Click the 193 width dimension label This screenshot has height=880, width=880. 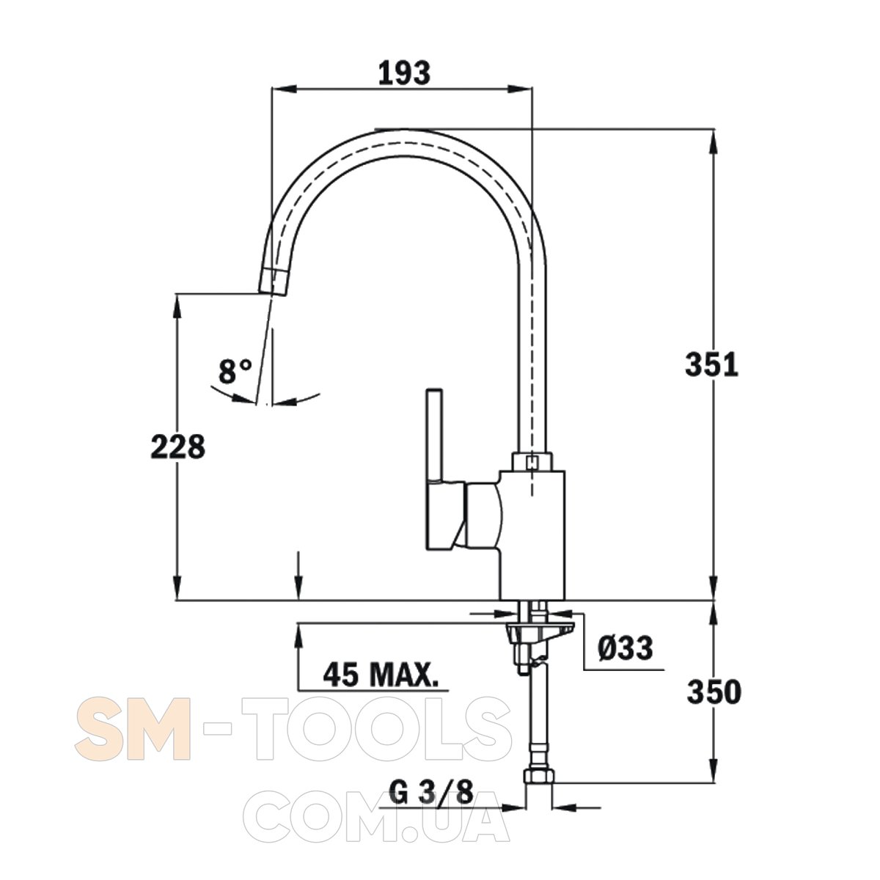pyautogui.click(x=404, y=73)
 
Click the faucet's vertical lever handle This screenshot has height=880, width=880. pyautogui.click(x=433, y=428)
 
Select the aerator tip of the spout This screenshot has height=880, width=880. pyautogui.click(x=274, y=282)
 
